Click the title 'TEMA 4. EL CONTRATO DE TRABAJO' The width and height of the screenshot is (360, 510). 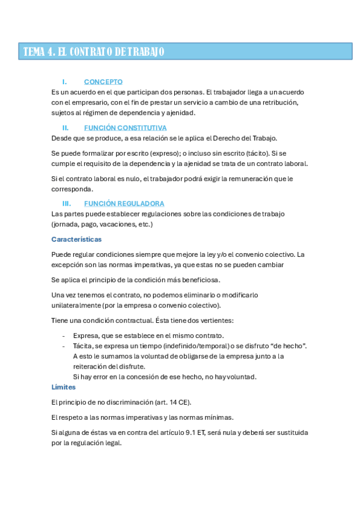pyautogui.click(x=93, y=52)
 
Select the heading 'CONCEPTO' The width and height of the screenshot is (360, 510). pyautogui.click(x=103, y=81)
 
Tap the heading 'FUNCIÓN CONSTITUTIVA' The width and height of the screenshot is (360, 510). pyautogui.click(x=125, y=127)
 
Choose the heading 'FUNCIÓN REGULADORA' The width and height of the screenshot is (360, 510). pyautogui.click(x=124, y=203)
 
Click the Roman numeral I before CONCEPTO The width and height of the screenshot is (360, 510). pyautogui.click(x=64, y=81)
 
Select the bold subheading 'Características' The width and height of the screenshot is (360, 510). pyautogui.click(x=76, y=239)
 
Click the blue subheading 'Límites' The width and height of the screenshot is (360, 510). pyautogui.click(x=64, y=387)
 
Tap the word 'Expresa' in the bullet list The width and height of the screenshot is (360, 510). pyautogui.click(x=86, y=335)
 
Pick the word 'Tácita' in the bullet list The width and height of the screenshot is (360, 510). pyautogui.click(x=84, y=345)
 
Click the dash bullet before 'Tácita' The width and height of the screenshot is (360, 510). pyautogui.click(x=64, y=345)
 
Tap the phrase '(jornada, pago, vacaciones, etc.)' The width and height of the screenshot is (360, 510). pyautogui.click(x=102, y=224)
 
